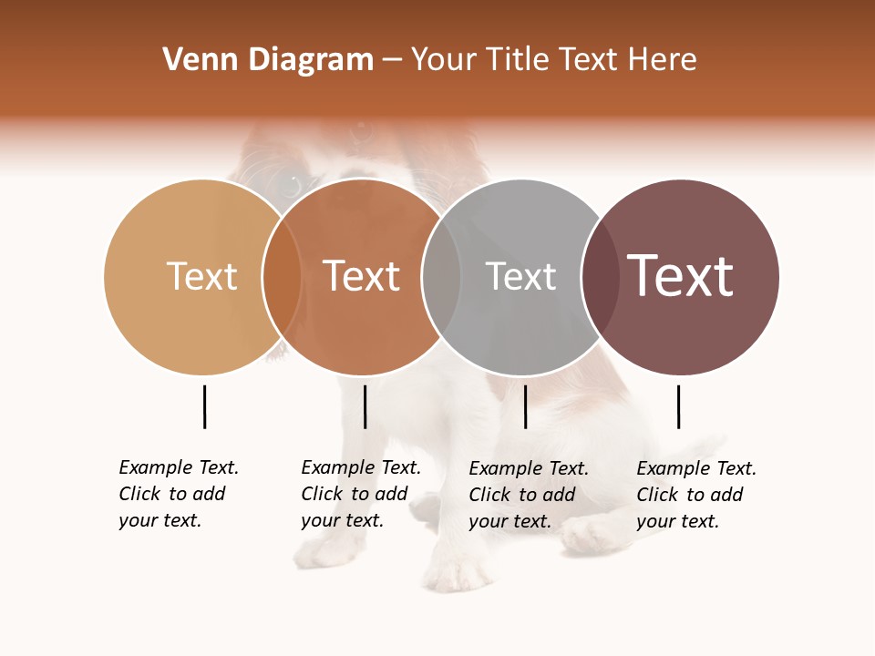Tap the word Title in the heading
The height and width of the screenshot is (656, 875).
pos(522,60)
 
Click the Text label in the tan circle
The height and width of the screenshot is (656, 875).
pos(201,276)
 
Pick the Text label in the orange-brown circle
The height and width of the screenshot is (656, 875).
pos(361,276)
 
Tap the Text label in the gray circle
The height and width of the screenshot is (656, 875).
pos(520,276)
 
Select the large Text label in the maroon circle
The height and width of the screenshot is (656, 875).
pos(680,276)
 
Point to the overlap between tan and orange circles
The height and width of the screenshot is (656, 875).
pos(282,277)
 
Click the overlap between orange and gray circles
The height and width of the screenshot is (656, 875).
pos(441,277)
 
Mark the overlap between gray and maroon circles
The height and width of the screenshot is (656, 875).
pos(600,277)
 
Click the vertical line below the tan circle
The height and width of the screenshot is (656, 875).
pos(204,406)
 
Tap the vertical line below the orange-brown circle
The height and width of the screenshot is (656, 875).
pos(365,406)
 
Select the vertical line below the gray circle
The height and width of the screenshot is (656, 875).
pos(525,406)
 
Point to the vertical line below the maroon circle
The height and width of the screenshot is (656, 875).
pos(678,406)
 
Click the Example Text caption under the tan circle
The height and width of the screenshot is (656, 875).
pos(179,494)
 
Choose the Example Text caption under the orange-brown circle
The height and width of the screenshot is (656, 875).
pos(361,494)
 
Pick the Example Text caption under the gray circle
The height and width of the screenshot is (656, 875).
pos(529,495)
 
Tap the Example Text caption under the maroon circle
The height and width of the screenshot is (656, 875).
pos(696,495)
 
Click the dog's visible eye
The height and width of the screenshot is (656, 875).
pos(290,185)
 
